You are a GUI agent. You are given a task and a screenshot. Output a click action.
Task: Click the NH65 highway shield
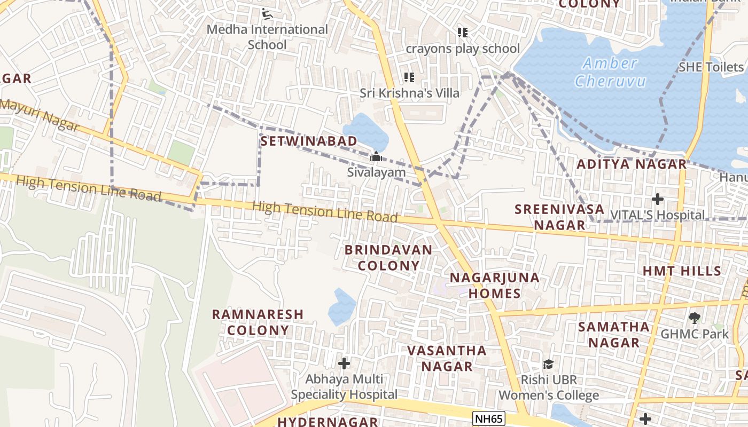(x=489, y=418)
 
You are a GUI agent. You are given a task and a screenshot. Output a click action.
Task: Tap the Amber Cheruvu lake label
(x=610, y=72)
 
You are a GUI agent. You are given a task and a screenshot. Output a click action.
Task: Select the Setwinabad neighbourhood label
(x=309, y=141)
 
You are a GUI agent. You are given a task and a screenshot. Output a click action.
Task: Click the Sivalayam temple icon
(x=376, y=157)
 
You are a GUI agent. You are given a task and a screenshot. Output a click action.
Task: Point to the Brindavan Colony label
(x=388, y=257)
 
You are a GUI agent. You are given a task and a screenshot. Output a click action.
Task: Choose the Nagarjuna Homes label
(x=494, y=286)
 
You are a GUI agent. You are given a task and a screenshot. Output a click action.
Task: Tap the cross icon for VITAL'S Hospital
(x=657, y=200)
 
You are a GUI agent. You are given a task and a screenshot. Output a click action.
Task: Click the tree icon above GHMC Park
(x=694, y=318)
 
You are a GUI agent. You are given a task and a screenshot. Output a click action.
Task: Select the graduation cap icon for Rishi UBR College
(x=548, y=364)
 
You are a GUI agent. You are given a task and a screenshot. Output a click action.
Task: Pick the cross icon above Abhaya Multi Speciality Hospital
(x=344, y=363)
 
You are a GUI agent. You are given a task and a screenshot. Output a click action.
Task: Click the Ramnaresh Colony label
(x=258, y=322)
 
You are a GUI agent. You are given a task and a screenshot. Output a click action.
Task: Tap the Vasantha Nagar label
(x=447, y=358)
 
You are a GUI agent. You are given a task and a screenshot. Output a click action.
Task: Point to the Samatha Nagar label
(x=614, y=334)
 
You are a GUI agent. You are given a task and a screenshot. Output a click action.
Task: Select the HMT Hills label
(x=682, y=271)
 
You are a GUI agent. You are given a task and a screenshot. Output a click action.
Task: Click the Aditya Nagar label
(x=632, y=164)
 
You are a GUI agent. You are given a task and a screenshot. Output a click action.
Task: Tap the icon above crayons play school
(x=463, y=33)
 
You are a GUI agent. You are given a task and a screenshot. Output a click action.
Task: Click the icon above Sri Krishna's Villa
(x=409, y=77)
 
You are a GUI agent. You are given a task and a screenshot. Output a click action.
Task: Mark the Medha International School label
(x=267, y=37)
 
